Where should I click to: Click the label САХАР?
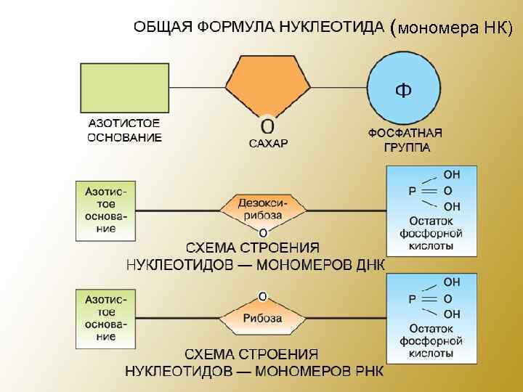coord(268,143)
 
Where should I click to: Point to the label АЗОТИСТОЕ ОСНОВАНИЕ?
coord(125,130)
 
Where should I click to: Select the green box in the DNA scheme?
coord(105,211)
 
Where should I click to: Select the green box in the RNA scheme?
coord(105,317)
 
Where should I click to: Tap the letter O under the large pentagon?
coord(267,124)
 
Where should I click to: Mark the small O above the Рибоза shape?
coord(262,296)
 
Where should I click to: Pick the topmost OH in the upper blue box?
coord(451,175)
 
